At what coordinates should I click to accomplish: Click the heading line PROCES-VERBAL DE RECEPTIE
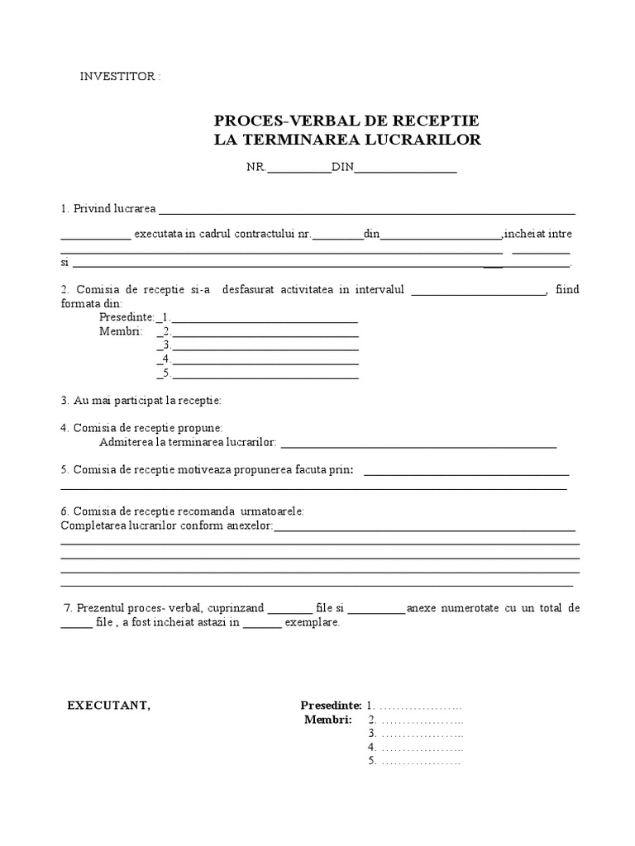tap(346, 121)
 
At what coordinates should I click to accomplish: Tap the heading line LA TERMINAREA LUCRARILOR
tap(346, 140)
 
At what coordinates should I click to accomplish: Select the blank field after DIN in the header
tap(405, 169)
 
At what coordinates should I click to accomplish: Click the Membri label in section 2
tap(120, 331)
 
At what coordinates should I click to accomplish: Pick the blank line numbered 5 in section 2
tap(265, 375)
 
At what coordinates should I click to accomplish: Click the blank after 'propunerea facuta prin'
tap(466, 473)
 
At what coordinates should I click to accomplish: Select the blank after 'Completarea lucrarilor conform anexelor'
tap(424, 529)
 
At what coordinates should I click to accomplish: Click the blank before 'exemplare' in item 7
tap(262, 625)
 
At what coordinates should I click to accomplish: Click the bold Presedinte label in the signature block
tap(330, 706)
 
